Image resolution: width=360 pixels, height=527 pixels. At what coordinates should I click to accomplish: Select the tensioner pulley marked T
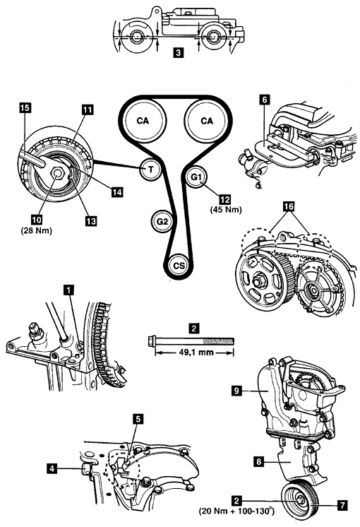(151, 169)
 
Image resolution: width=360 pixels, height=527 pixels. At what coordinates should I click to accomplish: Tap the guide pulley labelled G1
(197, 177)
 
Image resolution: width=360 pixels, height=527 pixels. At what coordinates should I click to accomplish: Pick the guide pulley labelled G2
(162, 221)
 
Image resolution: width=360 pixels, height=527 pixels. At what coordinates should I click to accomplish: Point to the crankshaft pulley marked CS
(179, 265)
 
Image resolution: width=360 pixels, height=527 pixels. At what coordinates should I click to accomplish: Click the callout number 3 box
(179, 52)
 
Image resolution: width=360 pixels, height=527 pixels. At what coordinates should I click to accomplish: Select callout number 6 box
(265, 100)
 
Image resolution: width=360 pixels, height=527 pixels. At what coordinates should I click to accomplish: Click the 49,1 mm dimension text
(195, 353)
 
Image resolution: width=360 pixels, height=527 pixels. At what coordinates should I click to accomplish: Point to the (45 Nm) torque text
(226, 209)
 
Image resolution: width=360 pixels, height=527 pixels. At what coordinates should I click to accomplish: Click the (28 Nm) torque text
(37, 230)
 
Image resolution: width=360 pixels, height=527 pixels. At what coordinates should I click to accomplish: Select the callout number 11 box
(87, 109)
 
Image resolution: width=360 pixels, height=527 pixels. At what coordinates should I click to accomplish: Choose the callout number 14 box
(117, 192)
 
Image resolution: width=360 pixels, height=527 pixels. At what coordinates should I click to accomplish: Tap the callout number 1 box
(69, 290)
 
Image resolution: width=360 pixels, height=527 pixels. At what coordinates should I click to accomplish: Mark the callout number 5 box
(138, 419)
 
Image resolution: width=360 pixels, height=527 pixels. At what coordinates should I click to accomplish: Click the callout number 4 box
(52, 468)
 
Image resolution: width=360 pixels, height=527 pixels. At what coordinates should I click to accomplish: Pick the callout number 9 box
(236, 391)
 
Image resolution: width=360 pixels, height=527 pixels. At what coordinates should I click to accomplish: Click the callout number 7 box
(342, 505)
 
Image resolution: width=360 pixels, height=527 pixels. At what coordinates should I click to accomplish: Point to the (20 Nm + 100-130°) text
(236, 511)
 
